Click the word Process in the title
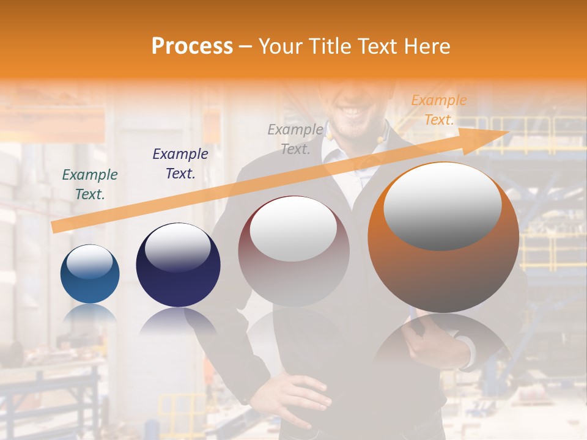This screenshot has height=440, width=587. click(192, 46)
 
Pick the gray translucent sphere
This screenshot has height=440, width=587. click(293, 251)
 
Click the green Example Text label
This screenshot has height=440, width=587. click(90, 185)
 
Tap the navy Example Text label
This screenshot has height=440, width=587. click(180, 164)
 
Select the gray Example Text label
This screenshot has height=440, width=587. click(295, 139)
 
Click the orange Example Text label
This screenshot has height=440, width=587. click(438, 110)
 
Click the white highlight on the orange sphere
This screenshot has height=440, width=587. click(442, 207)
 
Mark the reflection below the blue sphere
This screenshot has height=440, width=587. click(90, 315)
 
